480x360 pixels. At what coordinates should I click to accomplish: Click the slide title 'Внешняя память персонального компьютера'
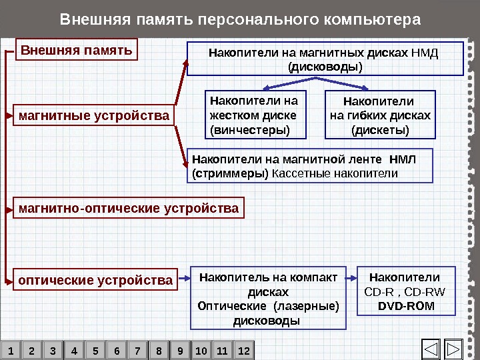(240, 18)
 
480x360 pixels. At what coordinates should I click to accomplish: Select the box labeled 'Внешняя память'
(77, 50)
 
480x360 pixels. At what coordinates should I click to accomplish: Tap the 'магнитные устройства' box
(94, 116)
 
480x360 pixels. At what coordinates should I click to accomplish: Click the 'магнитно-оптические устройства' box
(129, 209)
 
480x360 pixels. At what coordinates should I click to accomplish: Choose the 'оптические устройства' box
(95, 280)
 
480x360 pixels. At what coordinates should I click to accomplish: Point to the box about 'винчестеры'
(254, 114)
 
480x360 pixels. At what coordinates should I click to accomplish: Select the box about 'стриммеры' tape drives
(311, 166)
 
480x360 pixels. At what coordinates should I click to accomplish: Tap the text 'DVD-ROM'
(405, 306)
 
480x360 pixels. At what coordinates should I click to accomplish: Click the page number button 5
(95, 350)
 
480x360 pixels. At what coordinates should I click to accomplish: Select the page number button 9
(180, 350)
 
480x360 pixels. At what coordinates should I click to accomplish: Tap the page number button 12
(243, 350)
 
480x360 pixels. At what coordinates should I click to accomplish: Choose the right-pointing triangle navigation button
(453, 349)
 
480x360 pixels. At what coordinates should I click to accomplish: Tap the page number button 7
(137, 350)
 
